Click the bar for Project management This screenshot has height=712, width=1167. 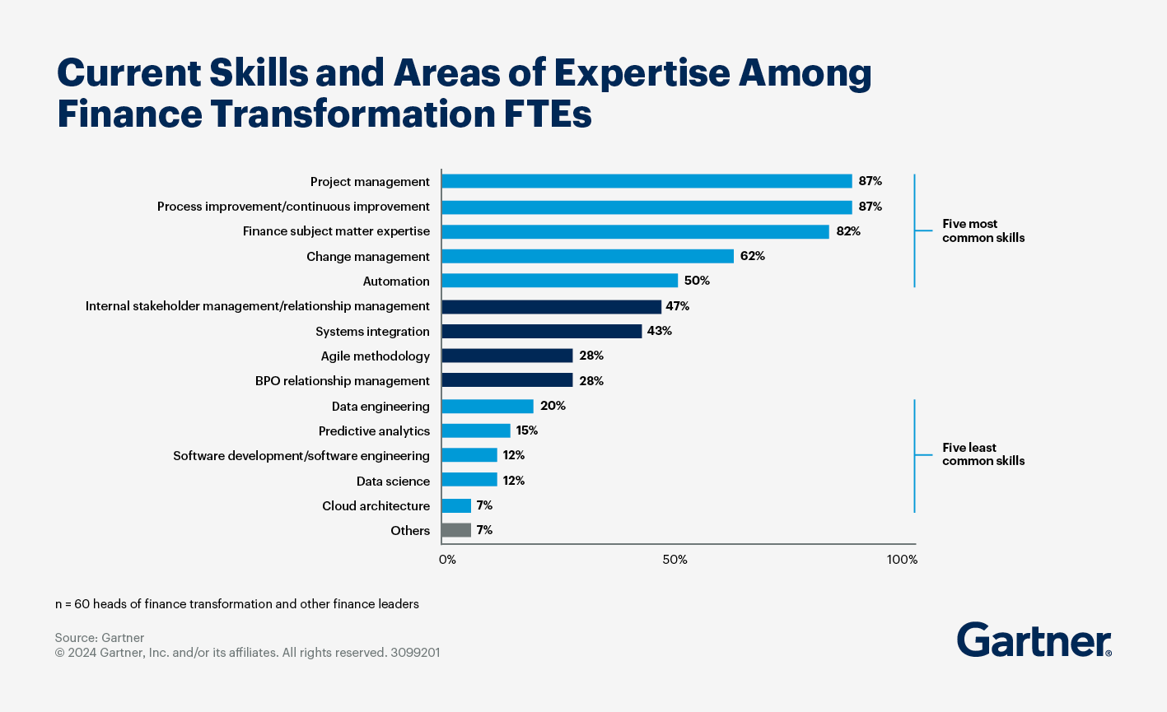point(647,181)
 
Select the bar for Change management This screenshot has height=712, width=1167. point(587,256)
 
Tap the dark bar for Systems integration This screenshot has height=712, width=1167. point(541,331)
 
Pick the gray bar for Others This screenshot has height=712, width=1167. point(456,530)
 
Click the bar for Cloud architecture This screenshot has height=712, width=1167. point(456,505)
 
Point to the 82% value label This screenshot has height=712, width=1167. point(848,231)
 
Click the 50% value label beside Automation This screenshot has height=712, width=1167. point(697,281)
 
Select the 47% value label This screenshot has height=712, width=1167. point(677,306)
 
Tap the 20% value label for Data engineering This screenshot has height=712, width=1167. point(553,406)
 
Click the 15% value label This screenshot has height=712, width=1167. point(527,430)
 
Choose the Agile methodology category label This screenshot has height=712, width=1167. point(376,356)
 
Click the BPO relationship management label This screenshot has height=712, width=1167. point(343,381)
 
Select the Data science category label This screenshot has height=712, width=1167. point(393,481)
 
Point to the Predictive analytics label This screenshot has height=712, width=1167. point(374,431)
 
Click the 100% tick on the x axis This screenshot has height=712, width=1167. point(902,560)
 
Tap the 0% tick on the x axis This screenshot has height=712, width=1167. point(447,560)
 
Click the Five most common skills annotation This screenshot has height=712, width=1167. point(983,230)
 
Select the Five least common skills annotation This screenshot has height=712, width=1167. point(983,454)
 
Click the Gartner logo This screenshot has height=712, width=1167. point(1034,640)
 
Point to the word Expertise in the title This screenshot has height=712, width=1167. point(642,74)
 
